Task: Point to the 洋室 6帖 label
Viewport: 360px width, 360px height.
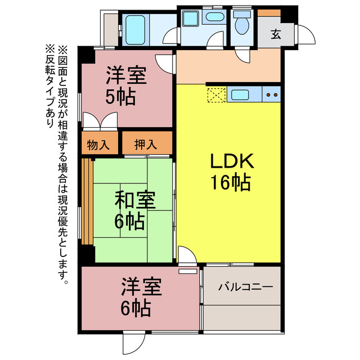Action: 141,298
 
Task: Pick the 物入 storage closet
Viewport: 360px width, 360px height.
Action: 99,145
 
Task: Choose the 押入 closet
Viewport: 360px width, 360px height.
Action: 146,145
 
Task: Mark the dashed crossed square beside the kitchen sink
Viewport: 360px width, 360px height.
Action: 216,95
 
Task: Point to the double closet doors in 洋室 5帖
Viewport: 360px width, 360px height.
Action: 99,121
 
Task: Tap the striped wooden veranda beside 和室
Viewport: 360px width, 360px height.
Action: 87,201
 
